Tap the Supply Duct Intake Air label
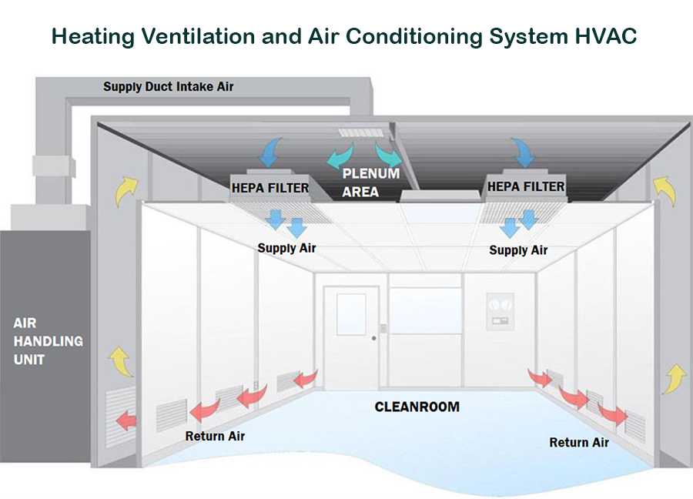[x=169, y=87]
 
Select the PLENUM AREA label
[x=370, y=182]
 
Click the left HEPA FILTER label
[x=270, y=187]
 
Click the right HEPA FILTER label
[x=526, y=187]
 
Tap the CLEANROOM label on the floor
[x=417, y=406]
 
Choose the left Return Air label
[x=216, y=437]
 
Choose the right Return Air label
[x=579, y=442]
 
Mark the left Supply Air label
[x=286, y=248]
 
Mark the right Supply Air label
[x=518, y=250]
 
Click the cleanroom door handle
[x=374, y=337]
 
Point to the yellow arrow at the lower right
[x=674, y=377]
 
